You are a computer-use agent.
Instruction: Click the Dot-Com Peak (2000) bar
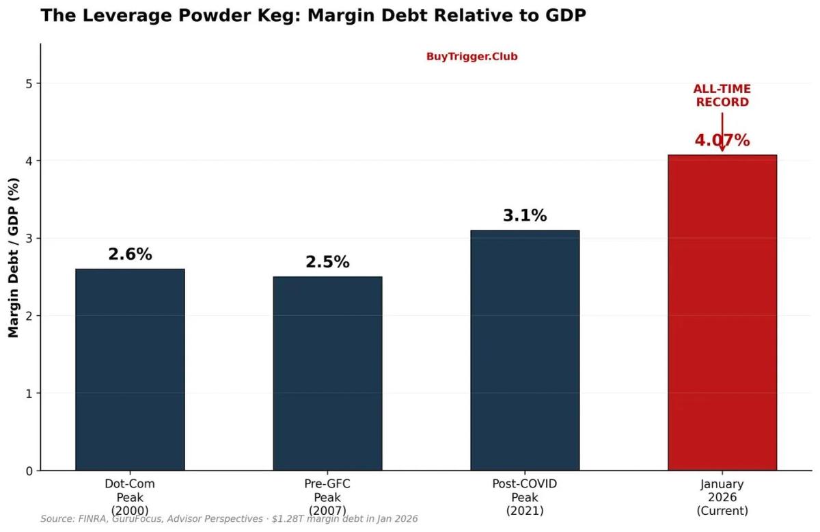coord(130,369)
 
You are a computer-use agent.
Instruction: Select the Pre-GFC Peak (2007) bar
coord(327,373)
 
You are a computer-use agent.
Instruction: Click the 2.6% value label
coord(130,254)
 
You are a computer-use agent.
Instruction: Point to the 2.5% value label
coord(327,262)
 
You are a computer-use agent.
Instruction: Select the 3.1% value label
coord(525,215)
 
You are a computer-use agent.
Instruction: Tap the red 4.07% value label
coord(722,141)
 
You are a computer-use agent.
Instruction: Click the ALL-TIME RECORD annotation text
coord(722,96)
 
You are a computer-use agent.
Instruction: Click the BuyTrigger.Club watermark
coord(471,57)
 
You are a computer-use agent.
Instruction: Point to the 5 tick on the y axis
coord(29,83)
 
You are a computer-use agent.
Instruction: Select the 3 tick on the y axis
coord(29,239)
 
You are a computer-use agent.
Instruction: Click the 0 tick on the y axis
coord(29,471)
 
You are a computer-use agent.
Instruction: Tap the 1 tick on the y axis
coord(29,394)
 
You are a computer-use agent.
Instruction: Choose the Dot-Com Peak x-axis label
coord(130,496)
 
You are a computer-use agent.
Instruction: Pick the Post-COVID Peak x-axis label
coord(525,496)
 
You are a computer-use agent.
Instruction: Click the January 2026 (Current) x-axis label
coord(722,496)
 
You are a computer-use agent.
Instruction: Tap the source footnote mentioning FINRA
coord(229,519)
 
